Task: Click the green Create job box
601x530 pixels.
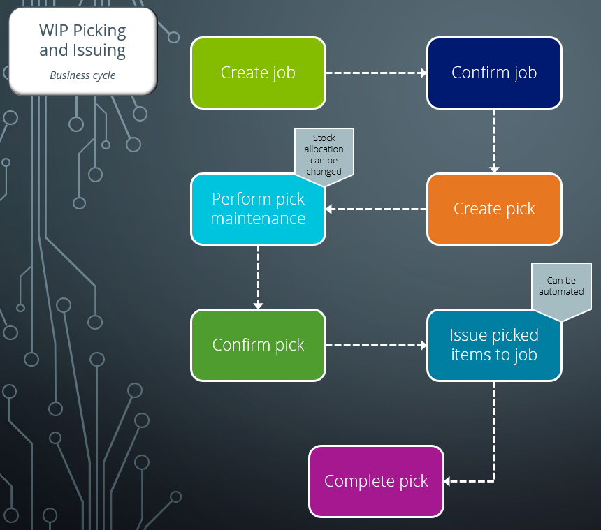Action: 258,73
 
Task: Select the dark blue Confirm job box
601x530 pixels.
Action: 494,73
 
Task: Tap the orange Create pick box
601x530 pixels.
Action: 494,209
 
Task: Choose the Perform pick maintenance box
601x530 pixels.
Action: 258,209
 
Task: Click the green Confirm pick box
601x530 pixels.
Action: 258,345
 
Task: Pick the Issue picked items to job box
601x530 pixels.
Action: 494,345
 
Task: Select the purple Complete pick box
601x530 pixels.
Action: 376,481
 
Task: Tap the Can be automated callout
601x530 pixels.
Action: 561,286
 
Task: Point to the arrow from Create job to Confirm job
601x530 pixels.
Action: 376,73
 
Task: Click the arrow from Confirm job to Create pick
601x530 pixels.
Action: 494,140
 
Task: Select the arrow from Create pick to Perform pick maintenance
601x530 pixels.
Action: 376,209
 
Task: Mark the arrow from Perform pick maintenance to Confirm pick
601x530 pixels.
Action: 258,277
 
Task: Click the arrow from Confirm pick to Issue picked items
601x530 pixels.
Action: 376,345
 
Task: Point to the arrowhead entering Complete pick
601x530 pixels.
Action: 448,481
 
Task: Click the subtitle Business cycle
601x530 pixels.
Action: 82,75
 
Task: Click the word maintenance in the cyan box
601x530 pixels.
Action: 258,219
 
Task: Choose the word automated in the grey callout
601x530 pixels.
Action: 561,291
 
